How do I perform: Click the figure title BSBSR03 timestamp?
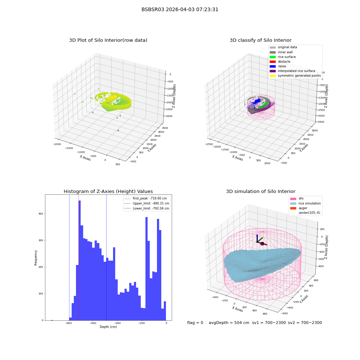[180, 9]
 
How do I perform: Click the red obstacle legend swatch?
[273, 62]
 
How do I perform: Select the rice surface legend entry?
[283, 57]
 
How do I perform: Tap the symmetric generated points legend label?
[300, 76]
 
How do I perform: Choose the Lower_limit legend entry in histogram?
[147, 208]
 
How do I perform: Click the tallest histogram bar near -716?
[80, 260]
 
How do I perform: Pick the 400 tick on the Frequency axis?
[41, 214]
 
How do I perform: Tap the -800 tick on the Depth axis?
[68, 323]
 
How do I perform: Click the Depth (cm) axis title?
[108, 327]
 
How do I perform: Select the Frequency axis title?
[36, 258]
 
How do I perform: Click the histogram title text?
[108, 191]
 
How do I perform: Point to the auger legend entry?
[299, 208]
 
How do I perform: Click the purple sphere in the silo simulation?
[262, 244]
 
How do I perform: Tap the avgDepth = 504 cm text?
[229, 323]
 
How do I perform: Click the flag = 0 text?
[195, 323]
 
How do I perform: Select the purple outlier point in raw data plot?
[118, 130]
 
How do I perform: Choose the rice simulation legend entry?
[305, 203]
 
